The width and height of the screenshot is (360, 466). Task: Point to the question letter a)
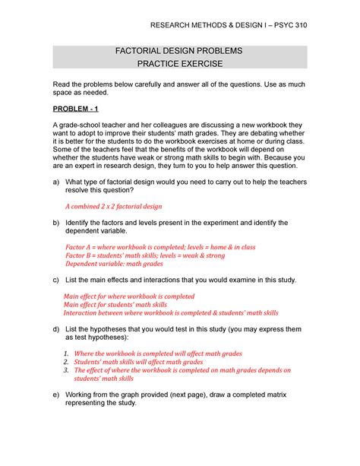(x=55, y=182)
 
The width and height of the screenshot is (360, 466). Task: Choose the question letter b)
(x=55, y=223)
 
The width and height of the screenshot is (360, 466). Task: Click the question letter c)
(x=55, y=281)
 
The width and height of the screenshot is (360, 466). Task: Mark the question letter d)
(x=55, y=329)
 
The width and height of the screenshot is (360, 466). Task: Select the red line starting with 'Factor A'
(x=160, y=247)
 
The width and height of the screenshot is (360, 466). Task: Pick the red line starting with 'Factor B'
(x=145, y=256)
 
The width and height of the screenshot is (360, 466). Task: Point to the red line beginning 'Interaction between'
(x=171, y=312)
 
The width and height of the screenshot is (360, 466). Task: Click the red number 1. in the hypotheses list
(x=67, y=354)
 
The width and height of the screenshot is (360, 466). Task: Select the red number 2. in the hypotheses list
(x=67, y=363)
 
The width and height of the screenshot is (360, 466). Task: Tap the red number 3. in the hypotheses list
(x=67, y=371)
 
